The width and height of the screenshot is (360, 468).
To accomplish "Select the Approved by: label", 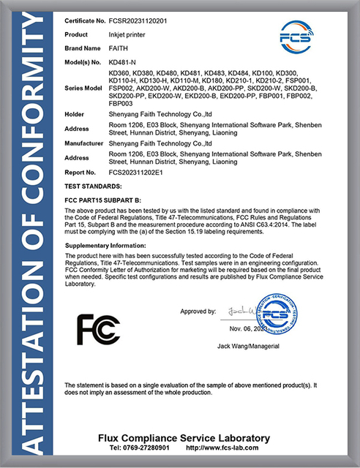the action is pyautogui.click(x=198, y=311).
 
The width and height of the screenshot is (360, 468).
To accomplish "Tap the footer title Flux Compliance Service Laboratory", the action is pyautogui.click(x=184, y=437).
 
